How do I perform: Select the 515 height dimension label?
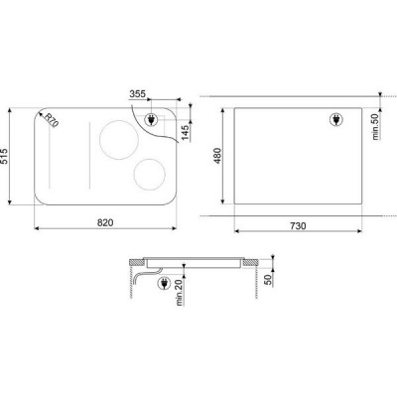click(9, 157)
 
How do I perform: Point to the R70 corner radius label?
click(52, 119)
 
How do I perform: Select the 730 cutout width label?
click(298, 225)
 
